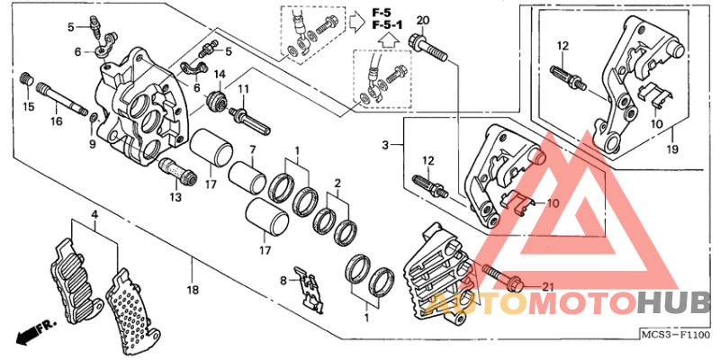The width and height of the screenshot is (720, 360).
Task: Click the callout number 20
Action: (x=423, y=21)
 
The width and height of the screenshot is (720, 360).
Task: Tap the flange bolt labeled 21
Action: (x=499, y=275)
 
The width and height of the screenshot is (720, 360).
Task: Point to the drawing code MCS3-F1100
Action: (x=676, y=335)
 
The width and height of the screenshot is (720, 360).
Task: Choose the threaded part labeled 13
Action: (x=173, y=169)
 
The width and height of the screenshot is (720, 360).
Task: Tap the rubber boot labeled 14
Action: (x=217, y=102)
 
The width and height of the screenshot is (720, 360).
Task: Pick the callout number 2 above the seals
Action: (x=337, y=183)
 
